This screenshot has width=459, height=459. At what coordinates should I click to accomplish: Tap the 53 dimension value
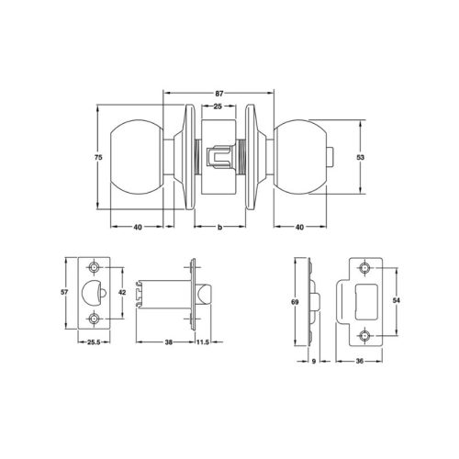point(362,158)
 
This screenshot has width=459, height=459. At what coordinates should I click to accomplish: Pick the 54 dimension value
point(397,300)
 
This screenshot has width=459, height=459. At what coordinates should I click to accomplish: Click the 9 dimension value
point(313,361)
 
